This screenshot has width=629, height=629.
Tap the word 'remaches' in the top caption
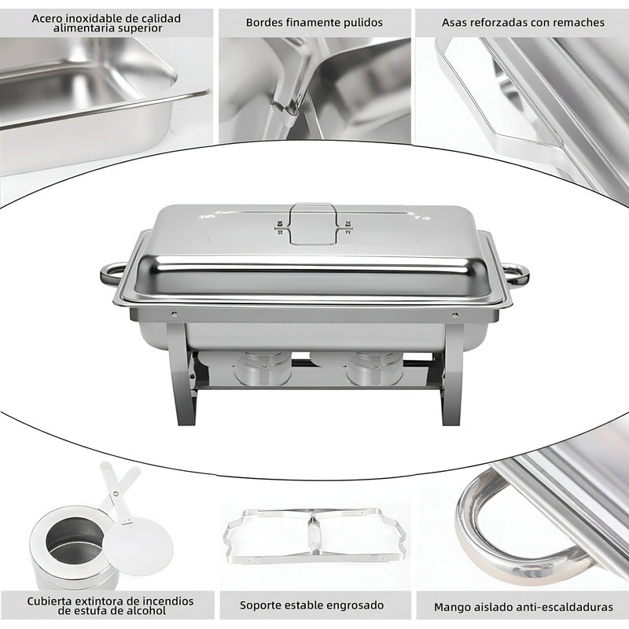pyautogui.click(x=578, y=23)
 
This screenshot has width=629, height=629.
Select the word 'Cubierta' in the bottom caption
pyautogui.click(x=53, y=601)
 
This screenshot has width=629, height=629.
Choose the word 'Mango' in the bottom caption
pyautogui.click(x=453, y=607)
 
